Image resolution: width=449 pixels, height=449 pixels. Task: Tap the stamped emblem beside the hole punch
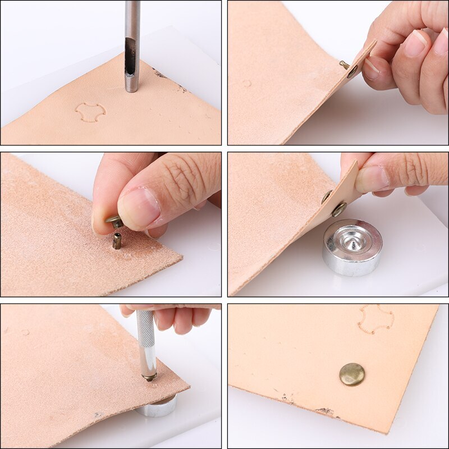(x=90, y=112)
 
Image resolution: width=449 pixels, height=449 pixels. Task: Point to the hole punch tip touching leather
(x=131, y=88)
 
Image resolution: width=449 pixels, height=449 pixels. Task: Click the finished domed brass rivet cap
(x=352, y=374)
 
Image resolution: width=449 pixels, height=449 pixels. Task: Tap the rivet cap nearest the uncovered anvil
(x=338, y=209)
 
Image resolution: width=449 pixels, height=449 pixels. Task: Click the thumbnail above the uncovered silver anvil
(x=371, y=178)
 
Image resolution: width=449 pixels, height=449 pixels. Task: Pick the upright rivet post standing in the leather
(x=117, y=241)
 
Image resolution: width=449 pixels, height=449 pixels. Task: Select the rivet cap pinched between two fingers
(x=115, y=222)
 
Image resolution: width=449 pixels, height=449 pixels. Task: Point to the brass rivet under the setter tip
(x=149, y=377)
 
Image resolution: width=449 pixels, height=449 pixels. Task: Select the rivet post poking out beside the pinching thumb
(x=343, y=65)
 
